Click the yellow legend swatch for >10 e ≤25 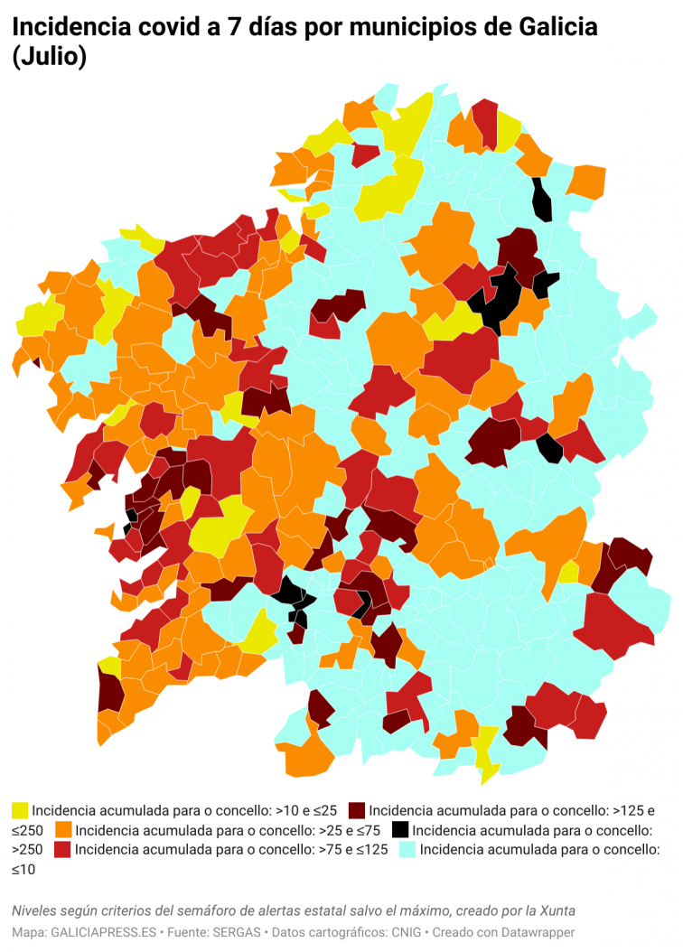20,810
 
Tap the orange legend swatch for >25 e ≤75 63,829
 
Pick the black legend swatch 400,829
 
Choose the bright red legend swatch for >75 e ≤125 62,849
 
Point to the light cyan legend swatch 407,849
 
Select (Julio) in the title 50,58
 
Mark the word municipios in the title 399,28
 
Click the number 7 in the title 233,28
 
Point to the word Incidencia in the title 69,28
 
